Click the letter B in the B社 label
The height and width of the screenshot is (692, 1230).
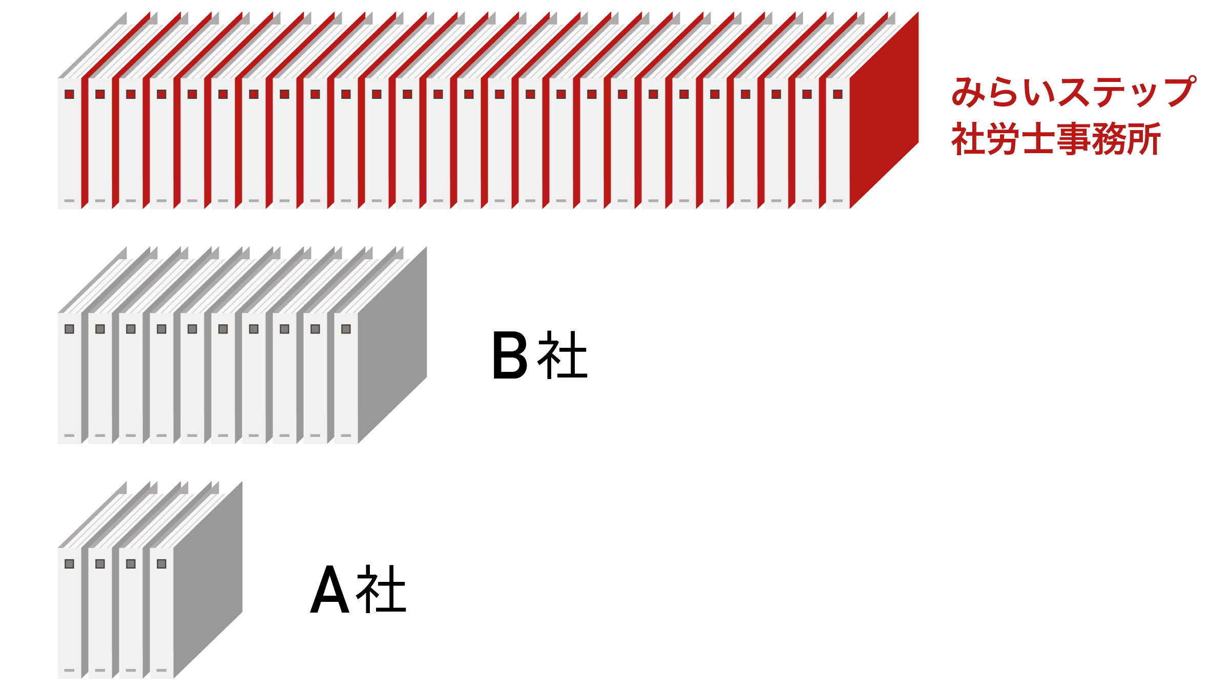tap(509, 355)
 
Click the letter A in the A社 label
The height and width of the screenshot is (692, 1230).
tap(330, 590)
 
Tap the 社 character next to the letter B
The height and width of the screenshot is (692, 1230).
tap(562, 355)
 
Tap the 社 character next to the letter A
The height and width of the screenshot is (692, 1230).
tap(382, 590)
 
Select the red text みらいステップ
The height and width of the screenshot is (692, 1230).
tap(1073, 92)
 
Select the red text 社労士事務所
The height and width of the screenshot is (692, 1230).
tap(1056, 139)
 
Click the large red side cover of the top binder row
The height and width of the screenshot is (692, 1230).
tap(884, 110)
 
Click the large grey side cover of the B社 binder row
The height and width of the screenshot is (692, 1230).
tap(392, 345)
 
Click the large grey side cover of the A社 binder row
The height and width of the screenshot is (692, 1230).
tap(207, 579)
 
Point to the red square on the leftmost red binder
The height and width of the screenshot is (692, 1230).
tap(69, 94)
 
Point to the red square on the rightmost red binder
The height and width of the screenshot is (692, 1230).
tap(838, 94)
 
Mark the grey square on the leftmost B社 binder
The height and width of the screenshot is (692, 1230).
tap(69, 329)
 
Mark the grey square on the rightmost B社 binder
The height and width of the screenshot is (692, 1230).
tap(346, 329)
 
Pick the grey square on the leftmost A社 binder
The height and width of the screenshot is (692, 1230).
tap(69, 563)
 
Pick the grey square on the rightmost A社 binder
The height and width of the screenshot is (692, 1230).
tap(161, 563)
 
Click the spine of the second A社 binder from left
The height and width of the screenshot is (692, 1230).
tap(100, 615)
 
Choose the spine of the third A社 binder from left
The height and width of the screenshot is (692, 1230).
tap(131, 615)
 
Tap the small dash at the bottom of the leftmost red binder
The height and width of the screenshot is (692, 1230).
tap(69, 201)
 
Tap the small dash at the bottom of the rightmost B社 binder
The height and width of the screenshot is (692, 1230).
tap(346, 435)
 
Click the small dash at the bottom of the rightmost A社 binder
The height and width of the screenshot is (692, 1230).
tap(161, 670)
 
